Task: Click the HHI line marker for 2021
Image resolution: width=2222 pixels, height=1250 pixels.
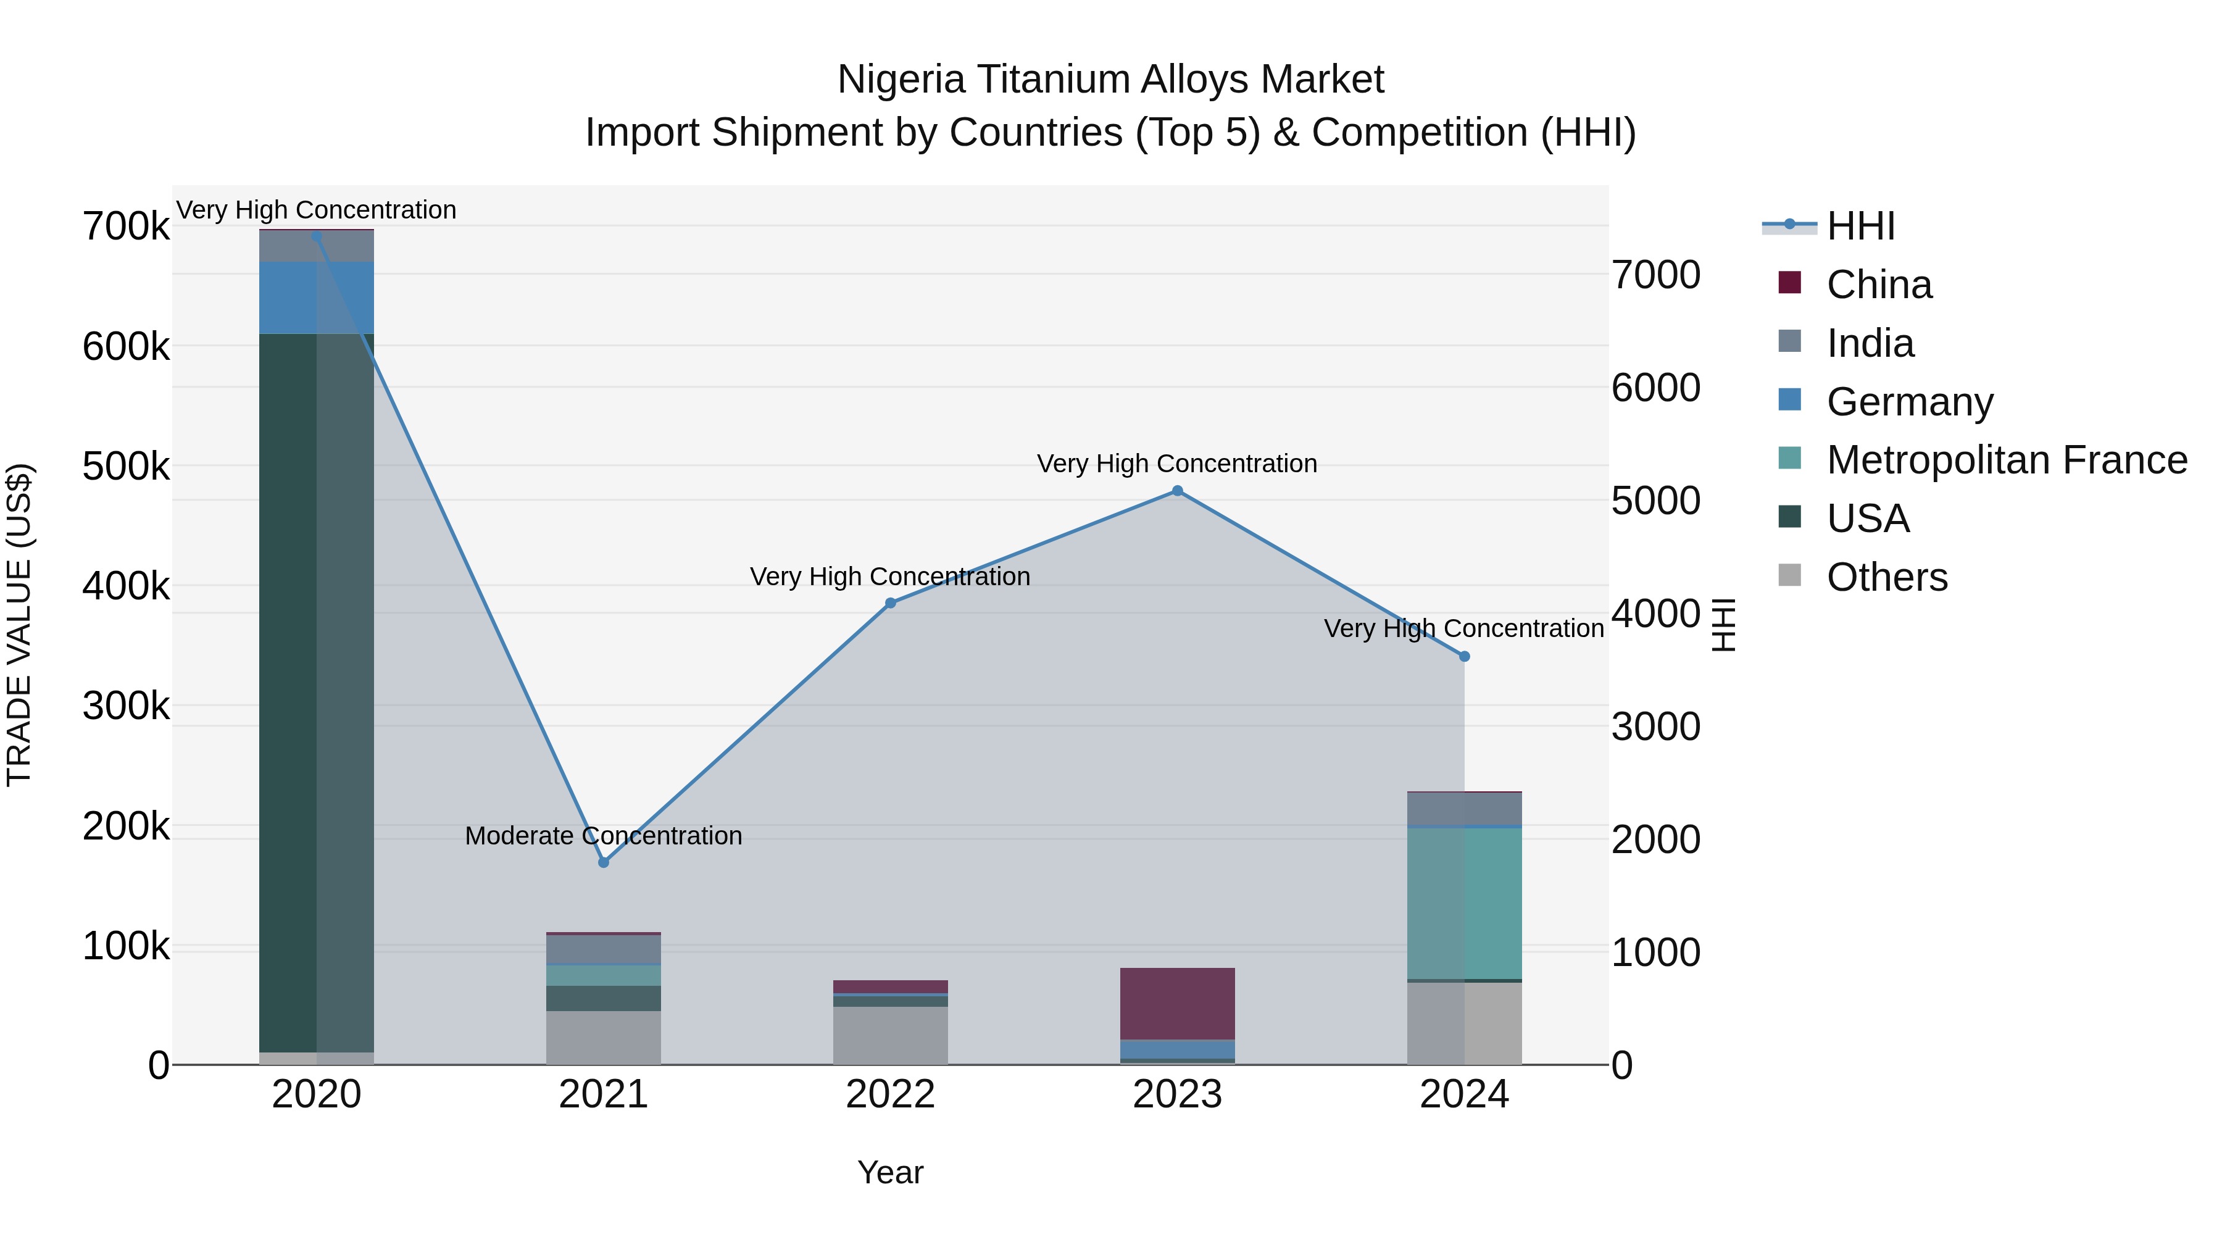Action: click(x=603, y=862)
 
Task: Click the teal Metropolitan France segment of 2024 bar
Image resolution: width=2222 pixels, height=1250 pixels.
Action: click(x=1464, y=902)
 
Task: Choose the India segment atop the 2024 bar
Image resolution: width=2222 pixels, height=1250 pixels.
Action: click(x=1464, y=808)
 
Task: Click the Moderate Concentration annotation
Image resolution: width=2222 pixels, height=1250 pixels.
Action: click(x=603, y=836)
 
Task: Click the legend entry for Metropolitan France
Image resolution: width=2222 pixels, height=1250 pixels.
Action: click(x=2007, y=460)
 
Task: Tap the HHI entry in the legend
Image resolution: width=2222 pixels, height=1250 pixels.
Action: click(x=1860, y=226)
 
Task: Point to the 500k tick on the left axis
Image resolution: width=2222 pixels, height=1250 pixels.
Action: click(x=126, y=467)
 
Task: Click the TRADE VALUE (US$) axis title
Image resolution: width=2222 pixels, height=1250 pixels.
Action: click(x=19, y=625)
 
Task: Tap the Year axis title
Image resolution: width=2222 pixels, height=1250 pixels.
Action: click(x=890, y=1172)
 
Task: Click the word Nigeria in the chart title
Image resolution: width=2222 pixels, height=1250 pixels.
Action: click(x=901, y=80)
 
